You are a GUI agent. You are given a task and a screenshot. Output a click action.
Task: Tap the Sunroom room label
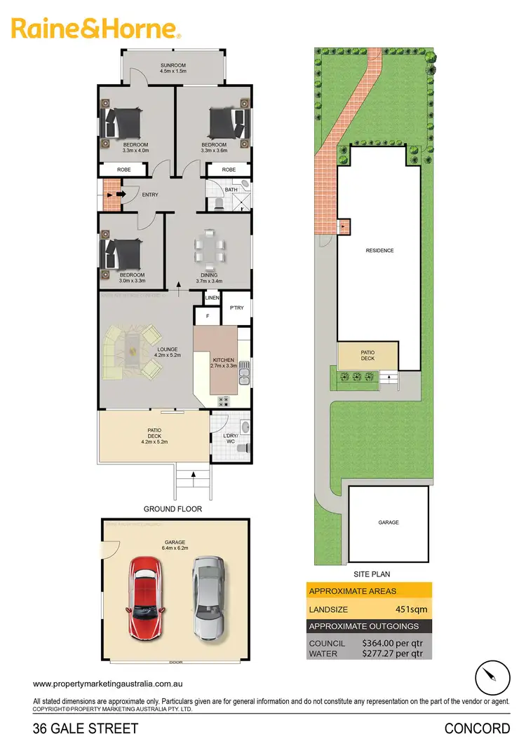pos(173,67)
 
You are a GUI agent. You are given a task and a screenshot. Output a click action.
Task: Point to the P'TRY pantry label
pos(236,306)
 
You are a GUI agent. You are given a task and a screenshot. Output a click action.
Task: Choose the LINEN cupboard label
pos(212,298)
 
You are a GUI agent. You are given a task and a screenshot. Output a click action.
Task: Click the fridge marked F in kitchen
pos(208,317)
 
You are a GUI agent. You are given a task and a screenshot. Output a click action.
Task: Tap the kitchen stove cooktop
pos(227,401)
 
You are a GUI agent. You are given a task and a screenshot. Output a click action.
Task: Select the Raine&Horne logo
pos(95,29)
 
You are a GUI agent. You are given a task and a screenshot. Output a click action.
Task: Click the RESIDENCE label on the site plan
pos(379,250)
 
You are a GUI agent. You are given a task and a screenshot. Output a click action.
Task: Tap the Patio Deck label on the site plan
pos(368,355)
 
